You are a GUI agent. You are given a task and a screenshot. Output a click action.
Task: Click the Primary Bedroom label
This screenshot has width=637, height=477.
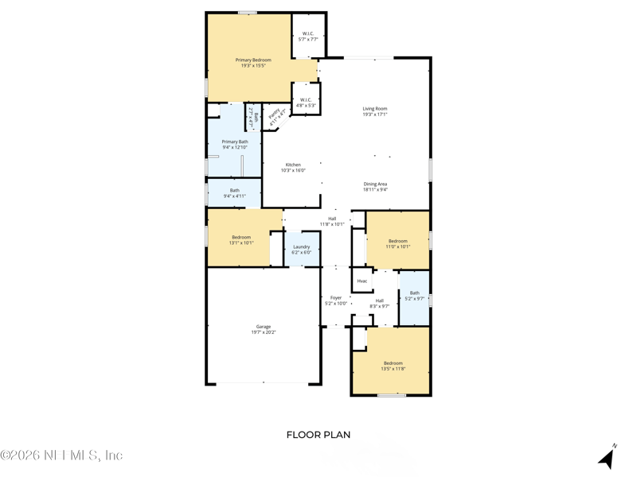(252, 63)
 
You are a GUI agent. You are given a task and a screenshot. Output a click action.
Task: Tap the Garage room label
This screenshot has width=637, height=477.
(264, 329)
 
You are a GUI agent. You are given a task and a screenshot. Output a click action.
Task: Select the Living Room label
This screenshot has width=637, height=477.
(374, 111)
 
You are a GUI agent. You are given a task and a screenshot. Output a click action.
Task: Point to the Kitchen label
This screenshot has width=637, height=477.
(293, 167)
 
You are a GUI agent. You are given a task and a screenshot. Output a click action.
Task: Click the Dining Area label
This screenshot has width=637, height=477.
(375, 187)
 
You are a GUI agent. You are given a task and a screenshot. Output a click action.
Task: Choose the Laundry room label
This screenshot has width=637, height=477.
(301, 250)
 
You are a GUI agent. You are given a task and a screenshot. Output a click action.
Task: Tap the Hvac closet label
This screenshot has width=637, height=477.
(362, 281)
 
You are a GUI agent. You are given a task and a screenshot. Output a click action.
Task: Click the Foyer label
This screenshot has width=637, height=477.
(336, 301)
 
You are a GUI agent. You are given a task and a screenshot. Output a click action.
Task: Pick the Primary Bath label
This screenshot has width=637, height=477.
(235, 144)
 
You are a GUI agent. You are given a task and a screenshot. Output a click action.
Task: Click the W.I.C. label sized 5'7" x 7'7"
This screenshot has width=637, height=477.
(308, 36)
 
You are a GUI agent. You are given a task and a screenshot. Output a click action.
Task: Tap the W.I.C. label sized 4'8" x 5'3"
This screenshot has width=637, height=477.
(306, 103)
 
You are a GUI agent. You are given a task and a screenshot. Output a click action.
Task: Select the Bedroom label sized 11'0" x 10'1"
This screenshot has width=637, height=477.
(397, 243)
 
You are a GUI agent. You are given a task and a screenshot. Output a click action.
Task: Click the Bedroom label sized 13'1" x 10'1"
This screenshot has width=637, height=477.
(241, 239)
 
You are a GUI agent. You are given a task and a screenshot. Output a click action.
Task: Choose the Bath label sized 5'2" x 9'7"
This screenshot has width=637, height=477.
(414, 296)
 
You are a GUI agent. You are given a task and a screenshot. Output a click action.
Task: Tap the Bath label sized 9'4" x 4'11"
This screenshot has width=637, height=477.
(235, 192)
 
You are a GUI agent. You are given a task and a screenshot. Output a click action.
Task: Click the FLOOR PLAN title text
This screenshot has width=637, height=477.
(318, 435)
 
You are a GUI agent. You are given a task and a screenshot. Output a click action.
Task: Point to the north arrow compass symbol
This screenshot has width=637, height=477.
(608, 457)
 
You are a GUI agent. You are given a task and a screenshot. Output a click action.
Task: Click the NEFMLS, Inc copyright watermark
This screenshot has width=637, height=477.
(61, 456)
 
